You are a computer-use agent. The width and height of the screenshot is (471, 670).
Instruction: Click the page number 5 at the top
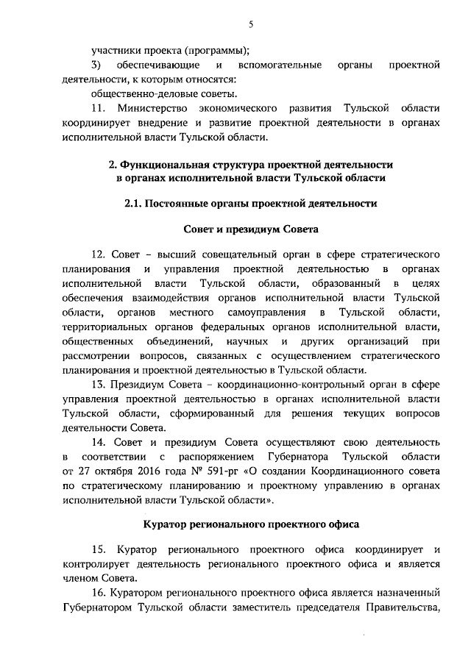[x=250, y=24]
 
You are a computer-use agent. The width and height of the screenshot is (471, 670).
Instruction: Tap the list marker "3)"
[x=96, y=65]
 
